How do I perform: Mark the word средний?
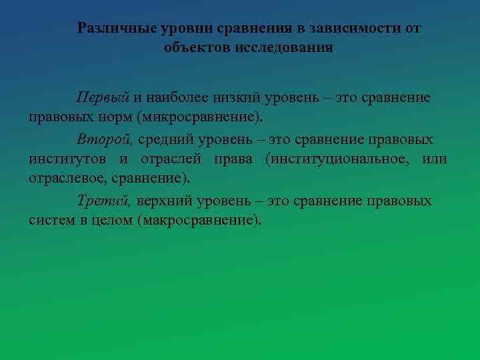click(167, 140)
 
